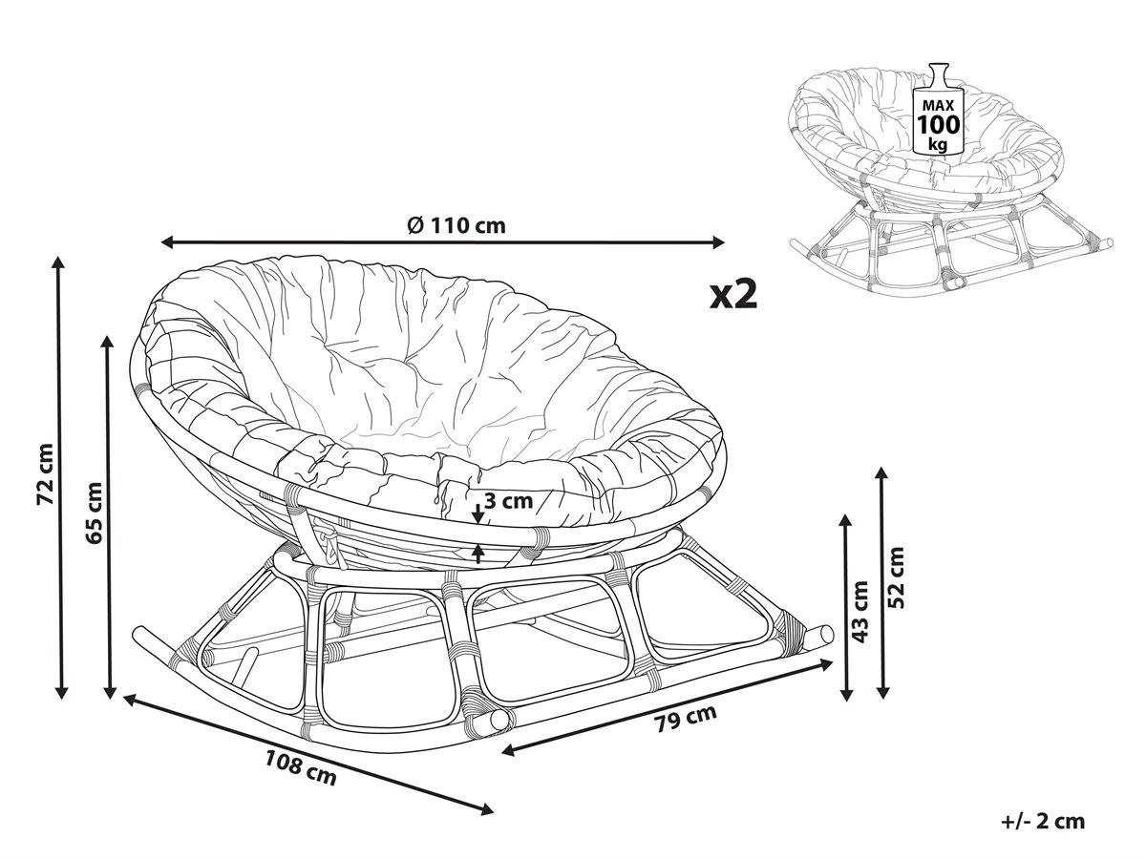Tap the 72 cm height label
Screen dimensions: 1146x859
(46, 474)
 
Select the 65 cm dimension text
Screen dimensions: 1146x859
(95, 513)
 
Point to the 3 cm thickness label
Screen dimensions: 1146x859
(508, 501)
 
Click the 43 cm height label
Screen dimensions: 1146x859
(859, 611)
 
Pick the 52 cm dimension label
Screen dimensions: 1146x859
(896, 577)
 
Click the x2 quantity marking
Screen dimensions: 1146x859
(733, 295)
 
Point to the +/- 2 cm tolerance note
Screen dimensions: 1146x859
(1044, 822)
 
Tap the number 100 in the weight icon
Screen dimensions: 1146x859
(939, 125)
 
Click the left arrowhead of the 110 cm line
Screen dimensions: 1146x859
(167, 242)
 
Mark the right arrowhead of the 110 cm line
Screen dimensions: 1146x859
(718, 242)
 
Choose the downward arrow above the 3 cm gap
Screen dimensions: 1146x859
(477, 514)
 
